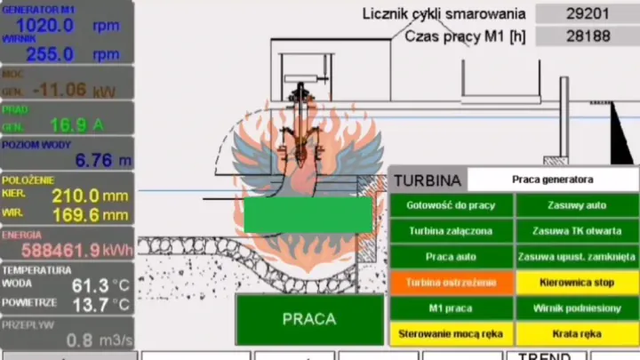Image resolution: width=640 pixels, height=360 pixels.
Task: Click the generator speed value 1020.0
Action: (x=44, y=25)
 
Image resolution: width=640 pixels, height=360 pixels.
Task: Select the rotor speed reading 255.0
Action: (x=50, y=54)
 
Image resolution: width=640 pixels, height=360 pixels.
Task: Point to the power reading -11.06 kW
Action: (x=60, y=90)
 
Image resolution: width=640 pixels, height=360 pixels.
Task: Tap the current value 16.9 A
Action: (x=68, y=125)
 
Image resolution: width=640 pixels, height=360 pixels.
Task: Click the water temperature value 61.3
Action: (x=91, y=285)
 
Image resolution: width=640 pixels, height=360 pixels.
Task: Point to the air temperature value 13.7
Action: (x=91, y=305)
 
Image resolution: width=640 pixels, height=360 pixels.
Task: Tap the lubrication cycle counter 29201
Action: (x=588, y=13)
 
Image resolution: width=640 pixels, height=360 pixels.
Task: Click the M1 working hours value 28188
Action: (x=588, y=36)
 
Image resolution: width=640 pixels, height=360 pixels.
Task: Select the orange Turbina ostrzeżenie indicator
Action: (x=451, y=283)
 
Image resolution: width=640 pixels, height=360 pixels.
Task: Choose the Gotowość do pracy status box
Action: (x=451, y=205)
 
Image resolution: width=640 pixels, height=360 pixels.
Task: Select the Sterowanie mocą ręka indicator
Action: (x=451, y=333)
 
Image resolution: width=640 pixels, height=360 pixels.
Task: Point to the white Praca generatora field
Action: (x=552, y=180)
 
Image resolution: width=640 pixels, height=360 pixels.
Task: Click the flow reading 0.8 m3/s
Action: (x=99, y=340)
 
